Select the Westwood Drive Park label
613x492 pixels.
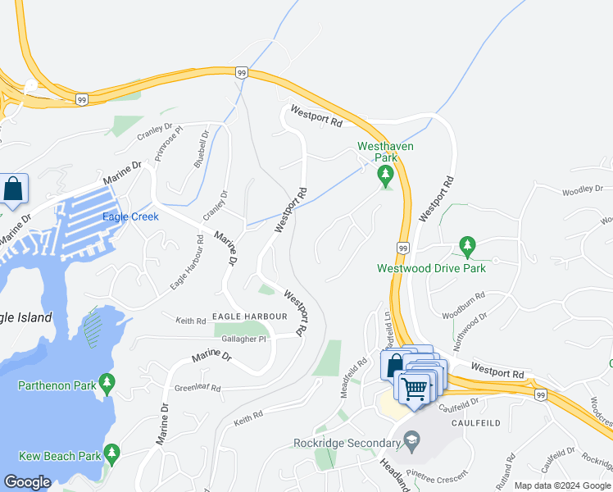pyautogui.click(x=431, y=268)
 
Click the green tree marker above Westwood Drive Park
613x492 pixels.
pyautogui.click(x=467, y=245)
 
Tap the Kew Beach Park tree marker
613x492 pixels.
pyautogui.click(x=111, y=453)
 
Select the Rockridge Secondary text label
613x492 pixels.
pyautogui.click(x=345, y=444)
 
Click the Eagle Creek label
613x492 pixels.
pyautogui.click(x=130, y=216)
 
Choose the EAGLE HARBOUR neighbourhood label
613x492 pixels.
pyautogui.click(x=248, y=316)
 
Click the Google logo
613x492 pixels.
pyautogui.click(x=27, y=482)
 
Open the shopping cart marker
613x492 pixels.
pyautogui.click(x=415, y=386)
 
